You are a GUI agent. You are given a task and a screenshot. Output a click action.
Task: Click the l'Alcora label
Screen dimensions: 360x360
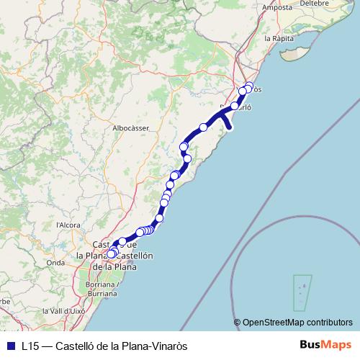coord(67,225)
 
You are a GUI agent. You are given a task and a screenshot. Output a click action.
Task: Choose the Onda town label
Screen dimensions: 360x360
coord(55,263)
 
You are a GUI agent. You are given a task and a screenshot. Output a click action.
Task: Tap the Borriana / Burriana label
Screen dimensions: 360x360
coord(112,289)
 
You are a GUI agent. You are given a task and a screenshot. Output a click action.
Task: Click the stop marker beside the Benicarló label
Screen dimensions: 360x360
coord(235,106)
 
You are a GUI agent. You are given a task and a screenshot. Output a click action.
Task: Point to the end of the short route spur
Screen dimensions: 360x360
coord(230,128)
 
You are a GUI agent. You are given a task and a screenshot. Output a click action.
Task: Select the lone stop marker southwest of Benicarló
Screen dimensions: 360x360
coord(204,127)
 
